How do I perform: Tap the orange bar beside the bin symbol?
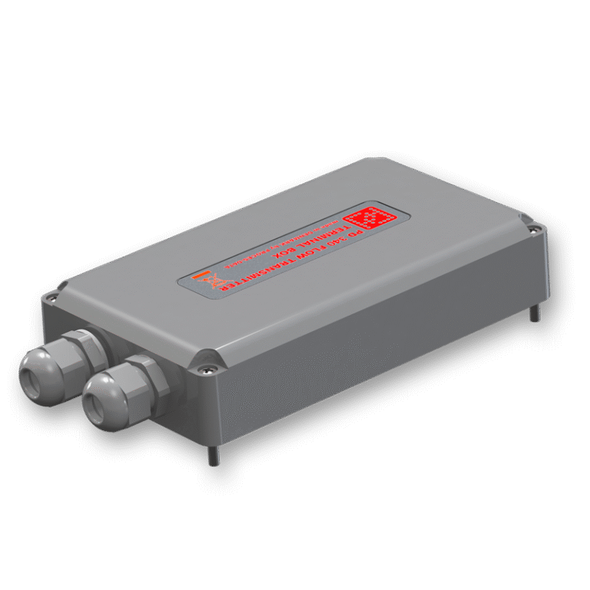(199, 274)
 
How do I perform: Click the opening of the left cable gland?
(30, 374)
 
